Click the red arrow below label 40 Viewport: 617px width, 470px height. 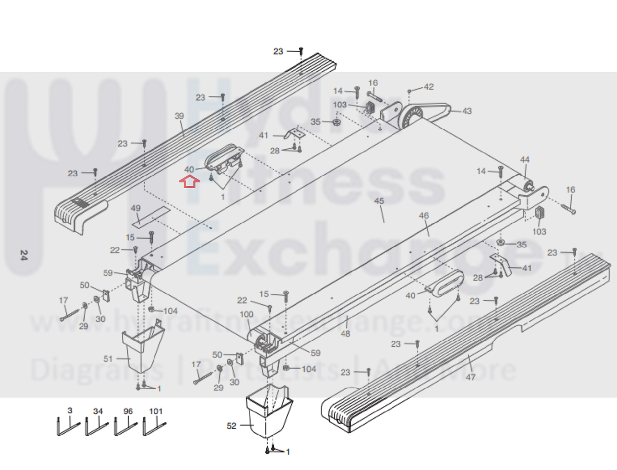189,181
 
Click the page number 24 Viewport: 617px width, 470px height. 24,255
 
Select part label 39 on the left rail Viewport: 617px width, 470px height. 179,116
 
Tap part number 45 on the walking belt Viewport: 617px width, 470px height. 379,201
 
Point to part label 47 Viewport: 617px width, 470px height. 470,377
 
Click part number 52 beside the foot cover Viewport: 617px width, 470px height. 232,426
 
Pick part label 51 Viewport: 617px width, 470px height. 108,359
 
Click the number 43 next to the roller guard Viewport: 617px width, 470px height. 467,111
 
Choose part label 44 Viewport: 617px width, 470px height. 525,159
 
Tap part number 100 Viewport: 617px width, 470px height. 247,315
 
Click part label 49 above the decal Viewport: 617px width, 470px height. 135,208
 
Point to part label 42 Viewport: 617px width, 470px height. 428,87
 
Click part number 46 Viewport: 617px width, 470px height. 424,215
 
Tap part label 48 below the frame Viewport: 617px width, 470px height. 345,334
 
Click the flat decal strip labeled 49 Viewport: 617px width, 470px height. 151,216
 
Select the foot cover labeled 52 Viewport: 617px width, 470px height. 269,412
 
